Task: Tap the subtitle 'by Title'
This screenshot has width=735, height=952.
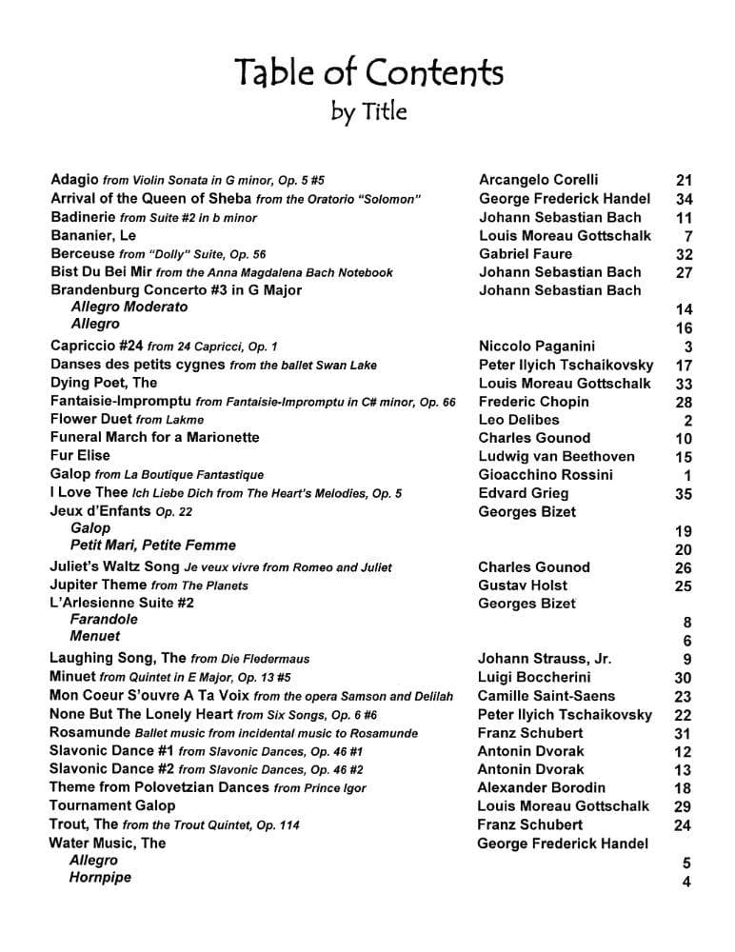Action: pyautogui.click(x=368, y=112)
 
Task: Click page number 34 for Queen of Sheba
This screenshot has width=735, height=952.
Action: pyautogui.click(x=683, y=199)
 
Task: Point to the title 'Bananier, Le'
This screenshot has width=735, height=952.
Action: pyautogui.click(x=93, y=235)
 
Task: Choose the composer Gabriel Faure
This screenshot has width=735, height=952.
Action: pyautogui.click(x=526, y=254)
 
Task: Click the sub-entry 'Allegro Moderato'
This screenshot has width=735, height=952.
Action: pyautogui.click(x=129, y=307)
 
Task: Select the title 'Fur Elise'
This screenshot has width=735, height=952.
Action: pyautogui.click(x=80, y=456)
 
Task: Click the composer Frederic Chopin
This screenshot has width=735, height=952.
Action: pyautogui.click(x=533, y=402)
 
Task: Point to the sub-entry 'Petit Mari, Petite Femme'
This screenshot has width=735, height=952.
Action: pyautogui.click(x=153, y=545)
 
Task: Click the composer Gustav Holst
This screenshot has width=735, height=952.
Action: pyautogui.click(x=523, y=585)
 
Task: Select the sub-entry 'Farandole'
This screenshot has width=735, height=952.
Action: pyautogui.click(x=104, y=619)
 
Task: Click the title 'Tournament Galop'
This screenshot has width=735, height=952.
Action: pyautogui.click(x=112, y=806)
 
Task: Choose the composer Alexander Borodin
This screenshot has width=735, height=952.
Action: pyautogui.click(x=541, y=788)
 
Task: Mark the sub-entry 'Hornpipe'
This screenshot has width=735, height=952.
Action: pyautogui.click(x=100, y=878)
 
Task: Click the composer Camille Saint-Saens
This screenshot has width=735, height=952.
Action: pyautogui.click(x=546, y=696)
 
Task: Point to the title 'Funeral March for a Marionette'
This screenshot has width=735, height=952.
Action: pyautogui.click(x=154, y=438)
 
